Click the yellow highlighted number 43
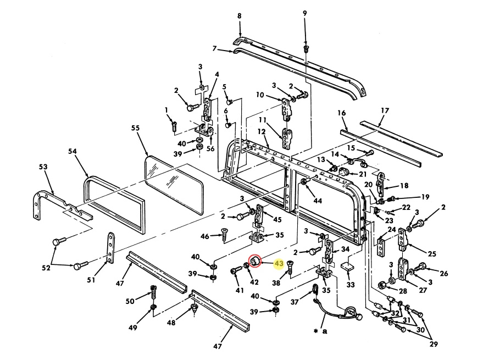pyautogui.click(x=279, y=264)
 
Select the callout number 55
pyautogui.click(x=136, y=128)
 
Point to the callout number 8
pyautogui.click(x=239, y=16)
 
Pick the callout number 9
pyautogui.click(x=305, y=13)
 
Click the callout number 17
pyautogui.click(x=385, y=110)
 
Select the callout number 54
pyautogui.click(x=73, y=151)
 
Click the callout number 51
pyautogui.click(x=91, y=280)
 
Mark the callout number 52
pyautogui.click(x=46, y=268)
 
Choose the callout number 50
pyautogui.click(x=130, y=301)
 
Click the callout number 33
pyautogui.click(x=351, y=285)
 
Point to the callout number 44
pyautogui.click(x=318, y=201)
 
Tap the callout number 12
pyautogui.click(x=262, y=131)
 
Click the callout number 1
pyautogui.click(x=166, y=109)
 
